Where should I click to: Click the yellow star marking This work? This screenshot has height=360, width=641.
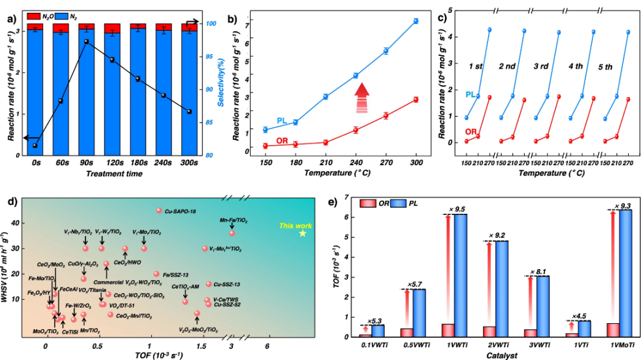[302, 233]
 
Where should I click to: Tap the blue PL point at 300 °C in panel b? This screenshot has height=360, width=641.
[416, 21]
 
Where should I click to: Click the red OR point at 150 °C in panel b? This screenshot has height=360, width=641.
[265, 146]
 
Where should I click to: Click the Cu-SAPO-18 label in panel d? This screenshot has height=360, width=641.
[179, 211]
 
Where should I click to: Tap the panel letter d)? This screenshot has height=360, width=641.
[10, 202]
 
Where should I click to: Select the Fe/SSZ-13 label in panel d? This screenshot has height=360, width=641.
[176, 274]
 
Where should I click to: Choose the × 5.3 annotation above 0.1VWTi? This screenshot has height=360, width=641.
[375, 321]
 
